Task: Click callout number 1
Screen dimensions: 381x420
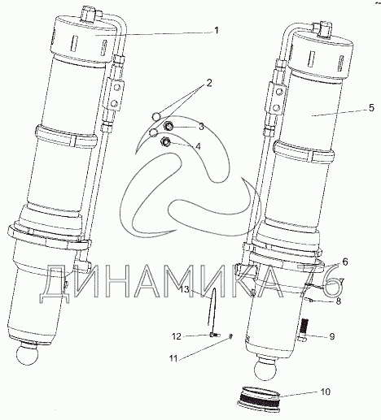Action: tap(217, 31)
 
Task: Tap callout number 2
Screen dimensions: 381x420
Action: tap(208, 83)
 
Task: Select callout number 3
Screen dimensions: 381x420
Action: tap(201, 126)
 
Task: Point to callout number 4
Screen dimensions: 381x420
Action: tap(198, 146)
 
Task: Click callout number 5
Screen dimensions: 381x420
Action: tap(371, 108)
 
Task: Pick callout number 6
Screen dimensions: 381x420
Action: tap(345, 262)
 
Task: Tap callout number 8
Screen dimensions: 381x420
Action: tap(339, 301)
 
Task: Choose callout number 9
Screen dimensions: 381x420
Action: tap(332, 336)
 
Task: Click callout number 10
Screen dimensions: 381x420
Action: tap(325, 392)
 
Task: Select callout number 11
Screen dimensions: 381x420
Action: tap(173, 358)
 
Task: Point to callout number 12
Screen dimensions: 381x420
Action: tap(177, 336)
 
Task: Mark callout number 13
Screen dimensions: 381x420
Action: tap(185, 289)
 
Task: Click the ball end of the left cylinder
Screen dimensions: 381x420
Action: tap(27, 355)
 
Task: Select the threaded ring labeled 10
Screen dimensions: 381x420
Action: tap(259, 396)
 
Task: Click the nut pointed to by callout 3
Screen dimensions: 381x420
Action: tap(169, 126)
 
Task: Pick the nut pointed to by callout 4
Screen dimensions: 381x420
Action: tap(166, 141)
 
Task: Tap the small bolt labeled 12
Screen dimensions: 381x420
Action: tap(214, 336)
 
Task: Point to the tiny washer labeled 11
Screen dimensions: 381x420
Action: tap(230, 336)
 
